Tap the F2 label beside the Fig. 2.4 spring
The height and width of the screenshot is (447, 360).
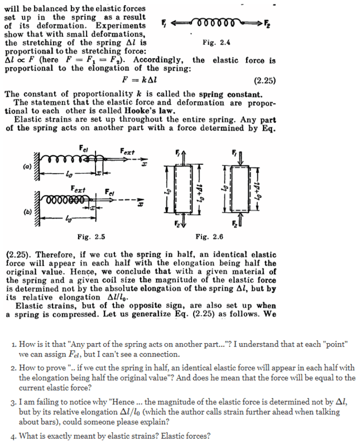coord(266,24)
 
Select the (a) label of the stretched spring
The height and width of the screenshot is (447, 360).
coord(27,166)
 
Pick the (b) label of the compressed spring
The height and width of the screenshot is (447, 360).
coord(27,212)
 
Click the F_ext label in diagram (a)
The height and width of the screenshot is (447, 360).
coord(127,150)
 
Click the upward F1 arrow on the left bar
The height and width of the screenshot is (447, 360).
coord(178,155)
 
